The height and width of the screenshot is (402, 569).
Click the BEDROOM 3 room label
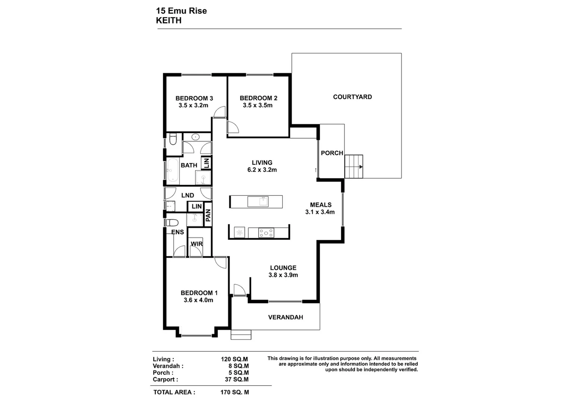click(x=194, y=98)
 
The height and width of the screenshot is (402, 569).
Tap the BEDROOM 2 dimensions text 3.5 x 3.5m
click(x=257, y=105)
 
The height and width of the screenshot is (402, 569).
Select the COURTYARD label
click(x=352, y=97)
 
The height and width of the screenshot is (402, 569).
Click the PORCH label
click(x=332, y=153)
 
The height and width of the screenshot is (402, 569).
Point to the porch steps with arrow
click(x=354, y=167)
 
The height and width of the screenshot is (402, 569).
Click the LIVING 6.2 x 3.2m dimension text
click(x=262, y=170)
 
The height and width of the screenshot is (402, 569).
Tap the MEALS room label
click(x=320, y=205)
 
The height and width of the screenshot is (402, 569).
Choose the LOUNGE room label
click(x=283, y=268)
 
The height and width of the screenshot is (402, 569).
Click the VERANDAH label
click(x=285, y=317)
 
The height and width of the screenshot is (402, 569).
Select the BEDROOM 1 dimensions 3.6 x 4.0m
click(x=198, y=300)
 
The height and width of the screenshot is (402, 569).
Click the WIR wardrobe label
click(x=196, y=244)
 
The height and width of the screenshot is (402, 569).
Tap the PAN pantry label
click(x=208, y=215)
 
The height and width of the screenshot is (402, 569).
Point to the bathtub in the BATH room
click(x=173, y=171)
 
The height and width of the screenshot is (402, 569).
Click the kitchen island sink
click(x=263, y=201)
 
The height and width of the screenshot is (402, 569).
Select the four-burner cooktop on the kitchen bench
click(x=266, y=233)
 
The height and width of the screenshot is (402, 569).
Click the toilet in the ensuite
click(x=172, y=223)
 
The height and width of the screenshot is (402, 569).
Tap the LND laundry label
click(x=187, y=195)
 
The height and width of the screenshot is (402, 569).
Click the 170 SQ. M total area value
click(x=234, y=392)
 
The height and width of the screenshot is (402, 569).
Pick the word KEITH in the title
click(x=169, y=20)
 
